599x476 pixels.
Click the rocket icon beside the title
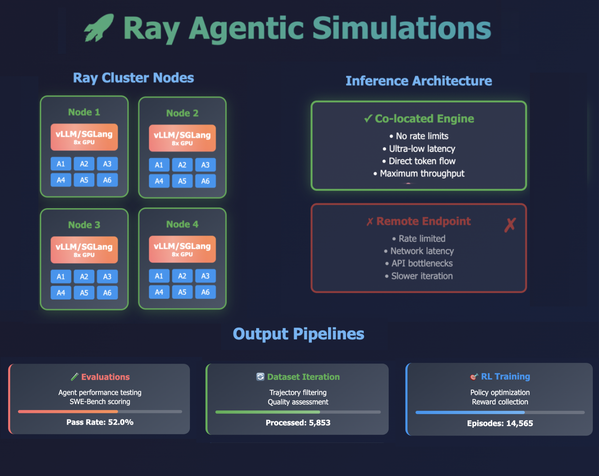coord(99,28)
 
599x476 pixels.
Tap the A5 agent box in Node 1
coord(84,180)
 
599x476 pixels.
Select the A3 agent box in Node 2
coord(205,165)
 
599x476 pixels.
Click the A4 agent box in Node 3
coord(61,293)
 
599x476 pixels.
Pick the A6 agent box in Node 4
coord(205,292)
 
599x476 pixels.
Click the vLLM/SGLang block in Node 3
coord(84,250)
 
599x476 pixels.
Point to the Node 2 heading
coord(182,113)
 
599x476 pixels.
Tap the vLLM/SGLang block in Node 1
coord(84,137)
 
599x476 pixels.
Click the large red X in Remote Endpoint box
coord(510,225)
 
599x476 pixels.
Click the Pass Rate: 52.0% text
coord(100,422)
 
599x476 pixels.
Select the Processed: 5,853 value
coord(298,423)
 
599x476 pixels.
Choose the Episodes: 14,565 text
coord(500,424)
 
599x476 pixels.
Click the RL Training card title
coord(505,377)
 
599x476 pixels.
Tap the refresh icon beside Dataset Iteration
coord(260,377)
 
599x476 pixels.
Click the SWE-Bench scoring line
coord(100,402)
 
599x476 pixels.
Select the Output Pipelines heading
coord(298,334)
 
